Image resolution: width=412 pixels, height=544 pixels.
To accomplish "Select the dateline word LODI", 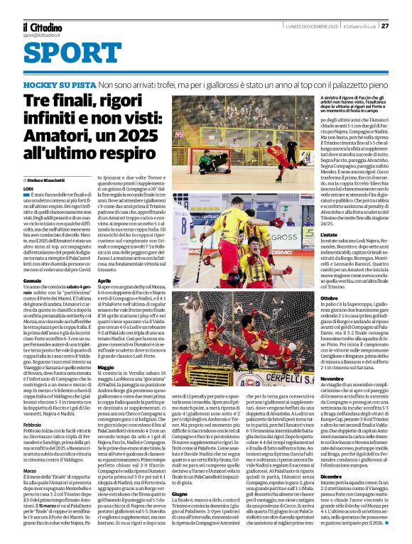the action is tap(29, 189).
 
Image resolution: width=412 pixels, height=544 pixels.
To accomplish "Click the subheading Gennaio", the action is tap(33, 281).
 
